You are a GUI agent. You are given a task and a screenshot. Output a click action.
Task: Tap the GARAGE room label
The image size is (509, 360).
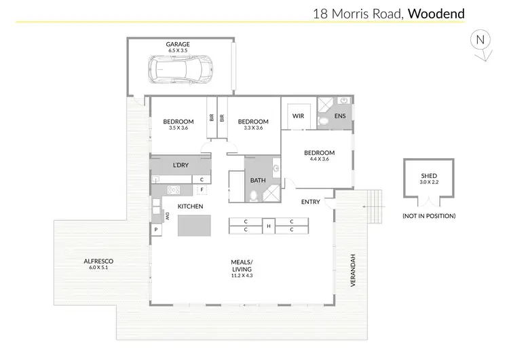tap(178, 45)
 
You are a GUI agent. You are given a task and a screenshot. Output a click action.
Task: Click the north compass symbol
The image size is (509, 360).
tap(480, 41)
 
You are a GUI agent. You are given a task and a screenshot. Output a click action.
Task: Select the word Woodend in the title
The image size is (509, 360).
tap(436, 13)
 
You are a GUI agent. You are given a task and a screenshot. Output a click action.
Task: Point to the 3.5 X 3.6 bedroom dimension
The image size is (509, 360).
tap(178, 128)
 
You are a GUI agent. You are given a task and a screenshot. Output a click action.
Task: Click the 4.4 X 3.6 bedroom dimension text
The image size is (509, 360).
tap(319, 159)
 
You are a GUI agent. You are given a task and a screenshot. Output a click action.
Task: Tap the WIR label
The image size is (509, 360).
tap(298, 116)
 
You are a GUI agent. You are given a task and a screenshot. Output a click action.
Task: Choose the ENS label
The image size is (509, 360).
tap(341, 116)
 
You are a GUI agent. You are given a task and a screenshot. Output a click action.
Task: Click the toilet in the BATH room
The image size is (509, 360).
tap(252, 196)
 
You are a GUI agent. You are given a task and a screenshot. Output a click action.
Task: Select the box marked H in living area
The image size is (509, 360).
tap(268, 226)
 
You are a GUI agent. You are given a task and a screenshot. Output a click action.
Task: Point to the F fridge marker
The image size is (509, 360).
tap(202, 190)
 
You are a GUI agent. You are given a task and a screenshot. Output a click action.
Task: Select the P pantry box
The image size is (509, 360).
tap(156, 230)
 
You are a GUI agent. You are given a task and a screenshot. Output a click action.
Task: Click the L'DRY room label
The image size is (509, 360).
tap(181, 165)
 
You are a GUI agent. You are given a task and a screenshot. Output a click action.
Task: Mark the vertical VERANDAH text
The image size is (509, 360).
tap(353, 270)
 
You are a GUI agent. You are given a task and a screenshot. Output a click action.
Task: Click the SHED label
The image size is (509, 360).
tap(429, 176)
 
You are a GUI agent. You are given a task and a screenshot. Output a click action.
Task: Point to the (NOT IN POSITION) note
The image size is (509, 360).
tap(429, 216)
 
